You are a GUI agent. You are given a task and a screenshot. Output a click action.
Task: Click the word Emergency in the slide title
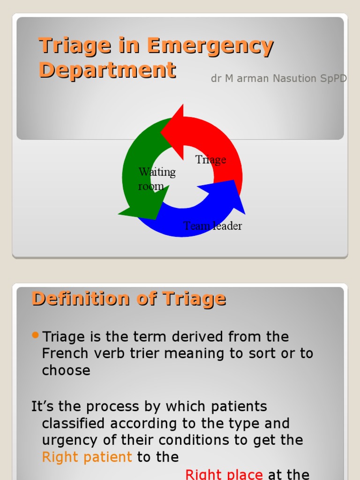click(x=210, y=46)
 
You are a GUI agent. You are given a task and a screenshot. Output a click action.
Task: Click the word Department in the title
click(x=107, y=70)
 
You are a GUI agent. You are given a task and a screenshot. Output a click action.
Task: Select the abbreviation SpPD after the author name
click(x=333, y=79)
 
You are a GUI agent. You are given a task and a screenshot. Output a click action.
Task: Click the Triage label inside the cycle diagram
click(x=210, y=160)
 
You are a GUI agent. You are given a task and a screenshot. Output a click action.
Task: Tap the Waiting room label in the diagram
click(x=157, y=179)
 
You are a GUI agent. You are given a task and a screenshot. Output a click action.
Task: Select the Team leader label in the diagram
click(x=212, y=226)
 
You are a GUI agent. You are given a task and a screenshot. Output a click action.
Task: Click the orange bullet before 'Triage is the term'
click(x=36, y=335)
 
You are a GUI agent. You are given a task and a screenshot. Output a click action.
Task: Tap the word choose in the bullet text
click(x=66, y=370)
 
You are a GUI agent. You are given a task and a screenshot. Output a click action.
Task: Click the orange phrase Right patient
click(x=87, y=457)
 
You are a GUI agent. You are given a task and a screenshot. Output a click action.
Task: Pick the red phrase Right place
click(x=224, y=474)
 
